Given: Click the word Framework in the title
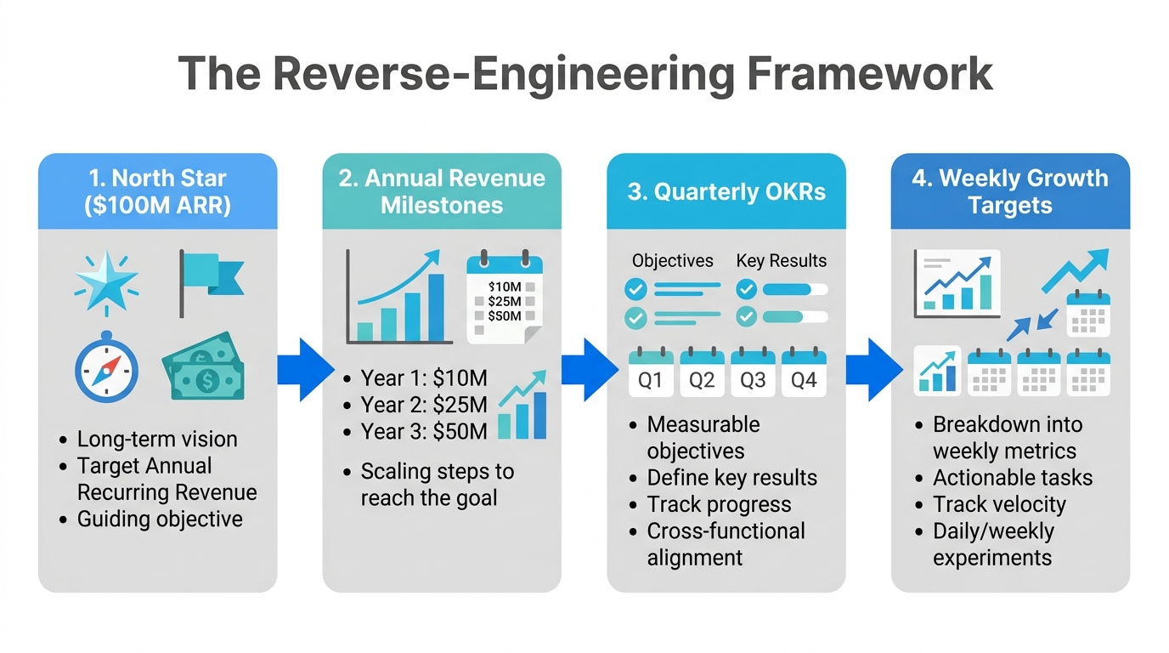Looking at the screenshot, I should coord(870,74).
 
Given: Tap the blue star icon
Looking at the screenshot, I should coord(106,281).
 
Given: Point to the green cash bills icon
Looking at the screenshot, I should coord(205,368).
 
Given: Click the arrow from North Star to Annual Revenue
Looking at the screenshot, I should coord(304,370).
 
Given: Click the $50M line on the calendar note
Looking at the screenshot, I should coord(505,315).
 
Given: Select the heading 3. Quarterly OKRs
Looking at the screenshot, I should coord(726,191).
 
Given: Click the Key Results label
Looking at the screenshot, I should coord(781,261).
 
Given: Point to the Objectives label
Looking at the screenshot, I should coord(673,261).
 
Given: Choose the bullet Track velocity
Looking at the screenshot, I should coord(998,504).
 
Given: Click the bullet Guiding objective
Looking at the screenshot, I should coord(159,519).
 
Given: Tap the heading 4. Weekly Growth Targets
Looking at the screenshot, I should coord(1010,191).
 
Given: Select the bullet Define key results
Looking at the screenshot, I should coord(731,478).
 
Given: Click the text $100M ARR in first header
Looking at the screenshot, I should coord(158,206).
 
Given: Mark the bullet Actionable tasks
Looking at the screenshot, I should coord(1012,478).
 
